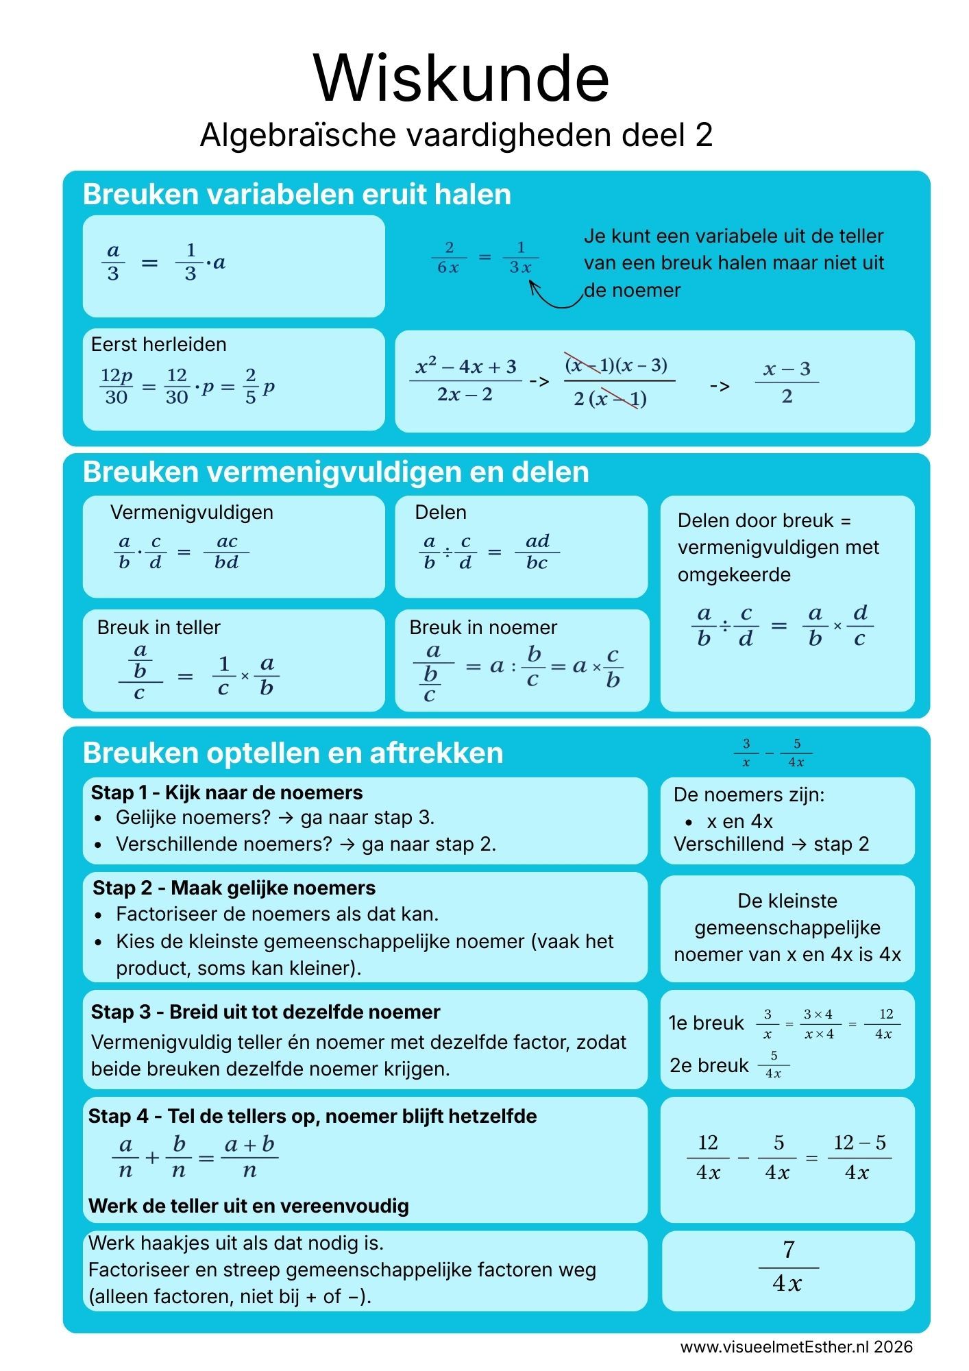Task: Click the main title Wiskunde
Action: coord(461,78)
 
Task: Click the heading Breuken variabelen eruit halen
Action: coord(297,195)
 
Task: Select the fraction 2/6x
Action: coord(447,258)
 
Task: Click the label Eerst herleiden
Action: coord(158,344)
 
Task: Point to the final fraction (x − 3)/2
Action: coord(787,383)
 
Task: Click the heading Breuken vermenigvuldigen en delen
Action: coord(336,472)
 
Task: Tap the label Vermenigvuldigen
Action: coord(191,513)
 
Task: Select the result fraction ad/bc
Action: coord(537,552)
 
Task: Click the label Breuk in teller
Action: coord(158,627)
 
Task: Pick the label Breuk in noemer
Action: coord(483,627)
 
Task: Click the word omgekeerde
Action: coord(734,574)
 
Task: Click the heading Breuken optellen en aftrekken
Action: coord(293,753)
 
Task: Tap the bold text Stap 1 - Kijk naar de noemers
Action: coord(227,793)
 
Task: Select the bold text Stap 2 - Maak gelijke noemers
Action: coord(234,888)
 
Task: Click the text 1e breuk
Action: coord(706,1023)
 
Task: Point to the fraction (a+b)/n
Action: coord(249,1157)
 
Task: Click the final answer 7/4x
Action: coord(788,1267)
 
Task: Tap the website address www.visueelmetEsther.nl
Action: coord(774,1346)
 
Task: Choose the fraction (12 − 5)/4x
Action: coord(859,1157)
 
